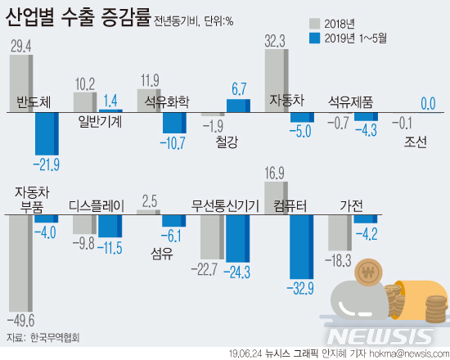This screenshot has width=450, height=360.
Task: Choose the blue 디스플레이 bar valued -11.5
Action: [110, 227]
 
